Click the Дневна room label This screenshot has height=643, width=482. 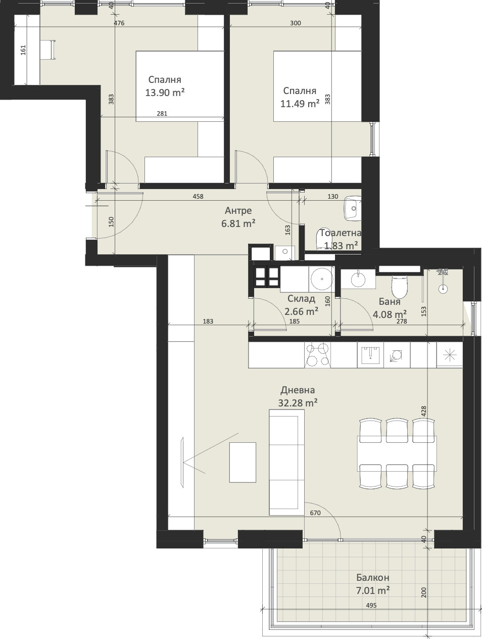(298, 390)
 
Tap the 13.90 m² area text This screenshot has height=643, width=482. (165, 93)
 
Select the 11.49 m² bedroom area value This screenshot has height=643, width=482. (300, 104)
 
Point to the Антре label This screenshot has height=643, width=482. (238, 211)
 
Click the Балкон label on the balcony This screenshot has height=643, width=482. (372, 577)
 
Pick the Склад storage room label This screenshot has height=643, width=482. (302, 299)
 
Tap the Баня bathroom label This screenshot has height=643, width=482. (390, 301)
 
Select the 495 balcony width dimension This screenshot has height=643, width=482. (371, 605)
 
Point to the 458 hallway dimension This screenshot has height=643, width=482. (198, 196)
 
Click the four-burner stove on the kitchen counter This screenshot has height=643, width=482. (317, 355)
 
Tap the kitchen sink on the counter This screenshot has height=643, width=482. (370, 355)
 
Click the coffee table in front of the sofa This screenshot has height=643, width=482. (243, 462)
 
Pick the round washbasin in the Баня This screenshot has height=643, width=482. (358, 279)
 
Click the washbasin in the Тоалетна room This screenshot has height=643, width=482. (353, 208)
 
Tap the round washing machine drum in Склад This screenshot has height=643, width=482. (321, 279)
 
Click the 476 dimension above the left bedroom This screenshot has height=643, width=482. (119, 23)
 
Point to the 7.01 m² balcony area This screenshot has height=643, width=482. (372, 590)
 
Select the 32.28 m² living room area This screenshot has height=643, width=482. (298, 403)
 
